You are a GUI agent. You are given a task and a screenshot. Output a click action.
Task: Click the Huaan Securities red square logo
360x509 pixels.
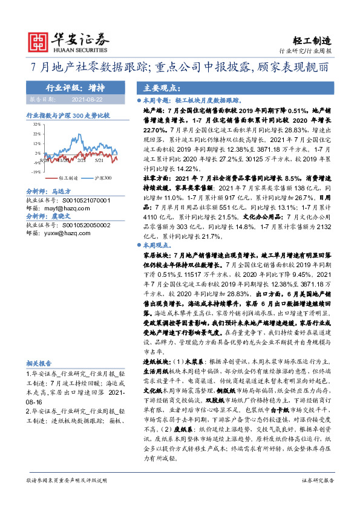(41, 41)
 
